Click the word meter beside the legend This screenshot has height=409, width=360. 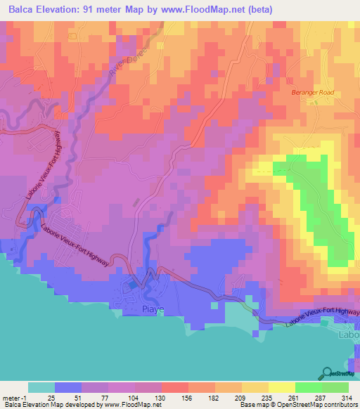(11, 397)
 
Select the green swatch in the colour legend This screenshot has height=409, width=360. (308, 387)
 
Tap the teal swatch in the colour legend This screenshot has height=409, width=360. (41, 387)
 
